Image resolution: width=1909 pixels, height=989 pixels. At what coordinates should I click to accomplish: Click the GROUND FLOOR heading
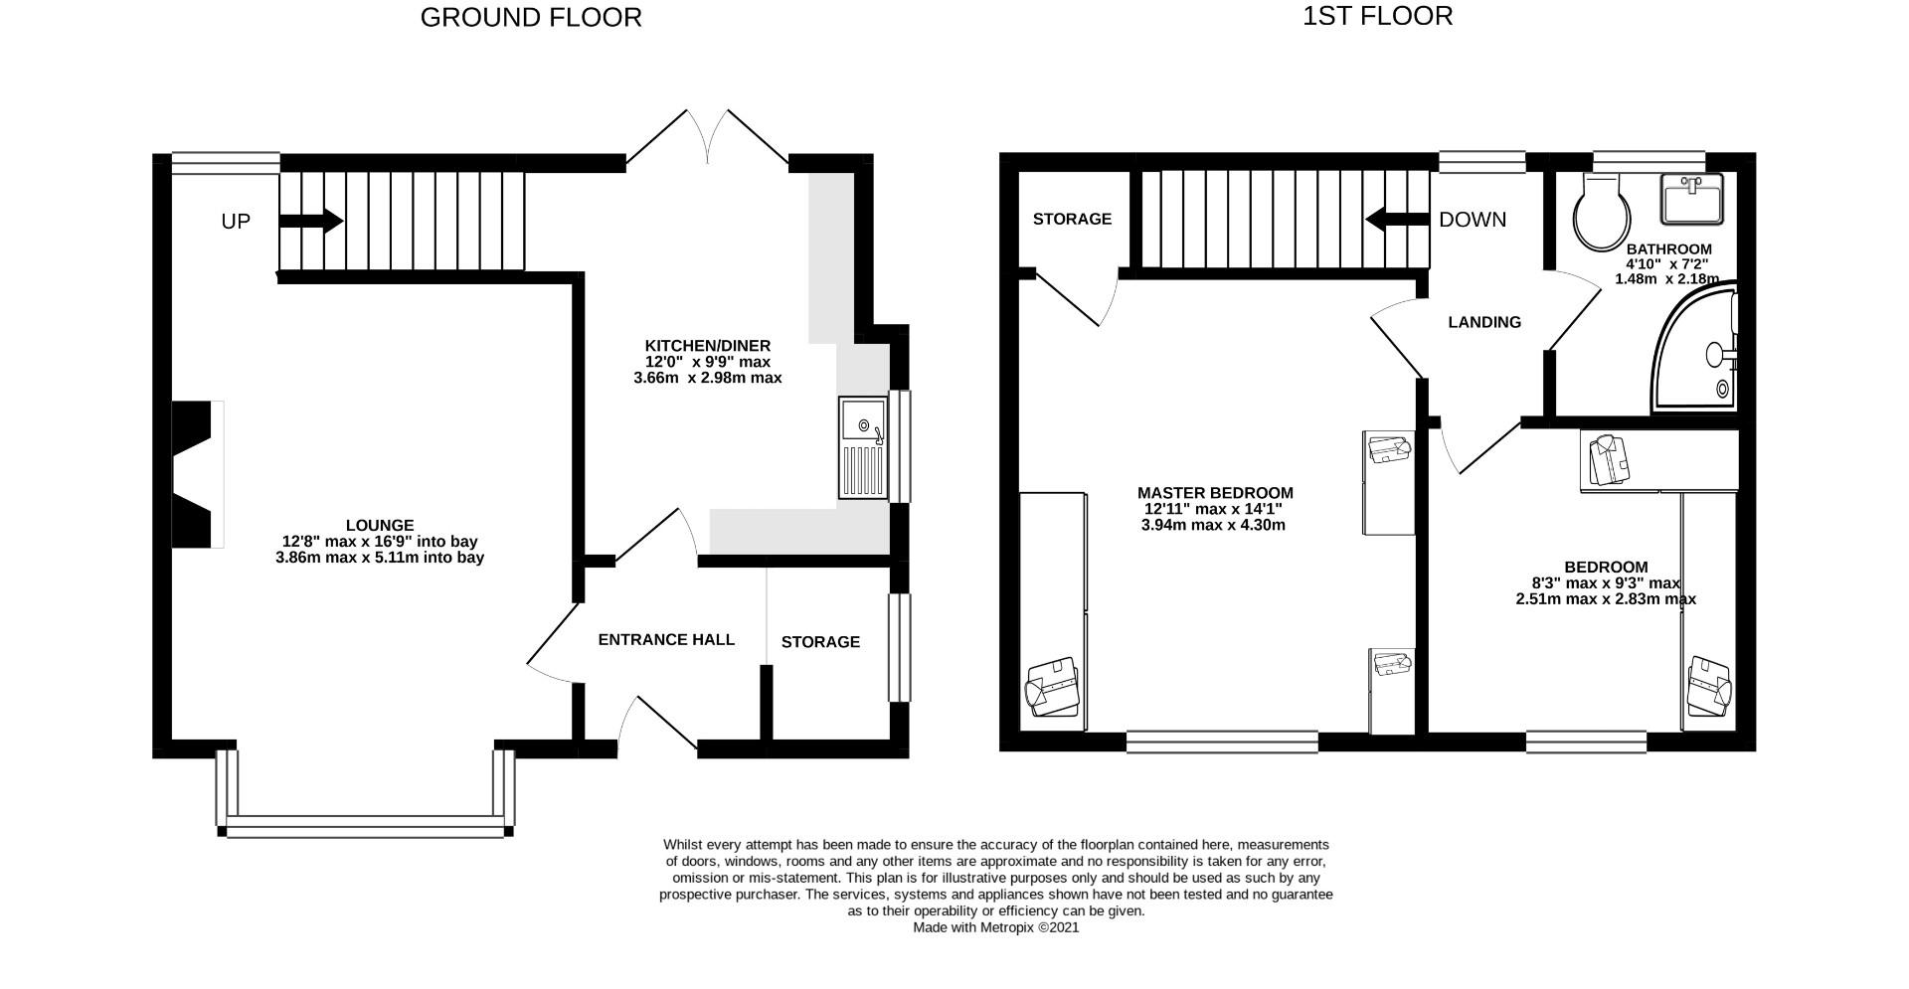point(531,17)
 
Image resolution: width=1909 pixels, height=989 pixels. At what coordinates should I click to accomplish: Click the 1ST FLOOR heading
point(1377,16)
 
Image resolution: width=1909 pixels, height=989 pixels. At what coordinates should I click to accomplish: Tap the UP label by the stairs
point(236,222)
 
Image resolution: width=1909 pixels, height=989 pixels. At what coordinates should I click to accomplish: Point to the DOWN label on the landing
point(1473,220)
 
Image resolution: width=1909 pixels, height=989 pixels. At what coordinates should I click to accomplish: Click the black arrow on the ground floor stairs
point(311,221)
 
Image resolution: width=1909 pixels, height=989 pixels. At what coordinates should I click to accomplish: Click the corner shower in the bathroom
point(1695,352)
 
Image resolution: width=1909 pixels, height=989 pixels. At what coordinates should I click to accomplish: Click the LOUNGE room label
point(380,525)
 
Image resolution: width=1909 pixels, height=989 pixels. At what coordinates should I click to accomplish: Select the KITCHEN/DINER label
point(707,346)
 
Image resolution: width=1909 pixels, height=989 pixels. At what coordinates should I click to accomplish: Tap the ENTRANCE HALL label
point(666,640)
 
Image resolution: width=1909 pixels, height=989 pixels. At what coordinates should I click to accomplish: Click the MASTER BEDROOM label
point(1215,493)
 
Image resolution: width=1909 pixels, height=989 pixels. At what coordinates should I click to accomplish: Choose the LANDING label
point(1484,322)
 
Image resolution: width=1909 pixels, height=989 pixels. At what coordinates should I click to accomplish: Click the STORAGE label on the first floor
point(1072,219)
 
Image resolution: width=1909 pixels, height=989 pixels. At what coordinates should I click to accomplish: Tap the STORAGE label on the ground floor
point(820,642)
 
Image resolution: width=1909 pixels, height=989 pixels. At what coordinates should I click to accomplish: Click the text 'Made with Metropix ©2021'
point(996,927)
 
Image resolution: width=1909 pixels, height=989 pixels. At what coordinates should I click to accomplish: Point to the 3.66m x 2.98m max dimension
point(707,378)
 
